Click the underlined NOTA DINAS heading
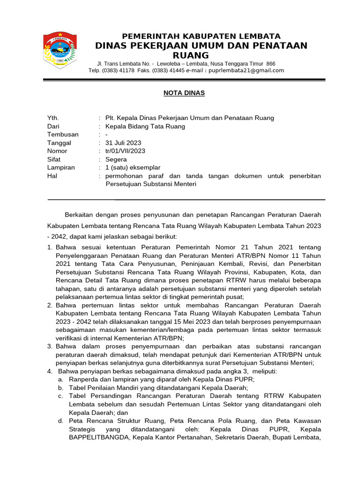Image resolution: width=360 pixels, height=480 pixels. (184, 93)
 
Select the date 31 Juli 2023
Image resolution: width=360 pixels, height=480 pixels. (123, 143)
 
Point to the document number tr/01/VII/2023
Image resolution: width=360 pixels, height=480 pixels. (126, 151)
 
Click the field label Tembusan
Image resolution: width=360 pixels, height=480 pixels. (63, 135)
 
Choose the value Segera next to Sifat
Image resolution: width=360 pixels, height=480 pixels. (116, 159)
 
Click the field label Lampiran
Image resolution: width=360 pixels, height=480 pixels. (61, 167)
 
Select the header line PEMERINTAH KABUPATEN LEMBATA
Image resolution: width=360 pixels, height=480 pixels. (202, 36)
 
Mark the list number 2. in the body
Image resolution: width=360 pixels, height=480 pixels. (50, 305)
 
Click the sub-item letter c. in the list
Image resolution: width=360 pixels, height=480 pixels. (61, 396)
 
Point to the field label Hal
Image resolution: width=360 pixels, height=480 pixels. (52, 176)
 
